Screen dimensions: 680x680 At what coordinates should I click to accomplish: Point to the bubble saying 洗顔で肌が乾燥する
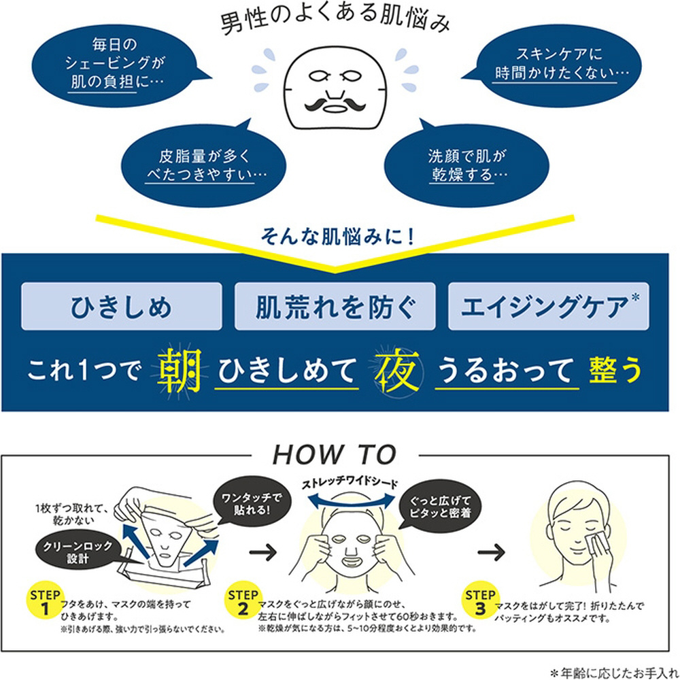466,163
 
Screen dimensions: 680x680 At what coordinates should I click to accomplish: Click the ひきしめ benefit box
122,306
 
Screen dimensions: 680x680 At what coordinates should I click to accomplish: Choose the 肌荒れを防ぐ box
335,306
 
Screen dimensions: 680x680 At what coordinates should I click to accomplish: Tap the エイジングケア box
549,306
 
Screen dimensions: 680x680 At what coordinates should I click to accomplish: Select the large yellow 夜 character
397,371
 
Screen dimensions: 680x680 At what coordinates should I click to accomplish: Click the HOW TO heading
335,455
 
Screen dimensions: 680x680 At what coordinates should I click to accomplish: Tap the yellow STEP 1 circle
45,601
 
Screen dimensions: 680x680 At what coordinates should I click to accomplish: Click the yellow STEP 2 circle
243,601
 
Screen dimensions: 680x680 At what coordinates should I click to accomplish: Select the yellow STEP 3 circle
480,601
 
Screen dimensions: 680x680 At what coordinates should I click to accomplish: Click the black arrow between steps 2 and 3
492,552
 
